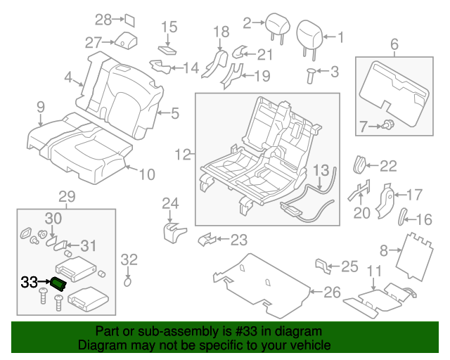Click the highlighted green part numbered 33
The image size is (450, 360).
[58, 283]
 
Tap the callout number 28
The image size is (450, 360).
[103, 20]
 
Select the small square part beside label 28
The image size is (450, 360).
[130, 19]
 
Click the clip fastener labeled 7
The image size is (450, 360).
[386, 127]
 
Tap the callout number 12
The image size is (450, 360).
[182, 154]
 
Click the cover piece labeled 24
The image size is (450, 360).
[172, 231]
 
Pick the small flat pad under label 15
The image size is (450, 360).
[168, 49]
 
